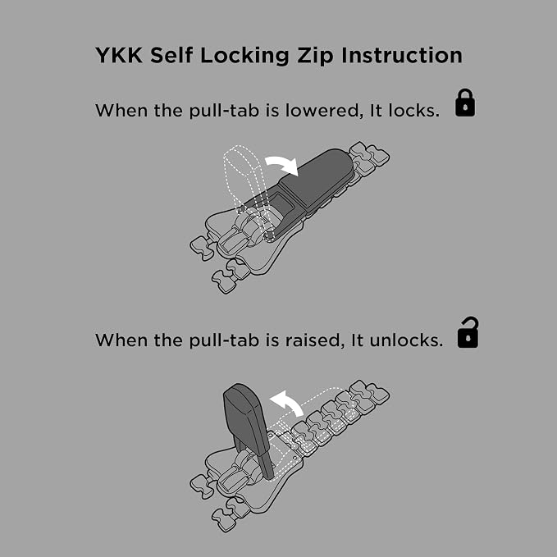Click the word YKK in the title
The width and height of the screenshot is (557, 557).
pyautogui.click(x=119, y=55)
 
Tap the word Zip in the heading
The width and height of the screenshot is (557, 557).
pyautogui.click(x=315, y=56)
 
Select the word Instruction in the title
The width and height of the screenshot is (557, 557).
pyautogui.click(x=402, y=55)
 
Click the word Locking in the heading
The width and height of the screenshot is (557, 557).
pyautogui.click(x=244, y=56)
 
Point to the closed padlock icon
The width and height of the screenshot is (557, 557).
pyautogui.click(x=465, y=103)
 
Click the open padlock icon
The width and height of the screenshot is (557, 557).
pyautogui.click(x=468, y=332)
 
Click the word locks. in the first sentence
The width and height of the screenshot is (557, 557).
pyautogui.click(x=413, y=111)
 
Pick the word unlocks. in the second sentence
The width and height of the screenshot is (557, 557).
pyautogui.click(x=406, y=340)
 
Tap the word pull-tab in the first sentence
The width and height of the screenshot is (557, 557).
pyautogui.click(x=224, y=111)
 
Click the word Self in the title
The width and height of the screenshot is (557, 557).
pyautogui.click(x=171, y=55)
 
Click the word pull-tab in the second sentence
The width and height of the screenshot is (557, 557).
pyautogui.click(x=224, y=340)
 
